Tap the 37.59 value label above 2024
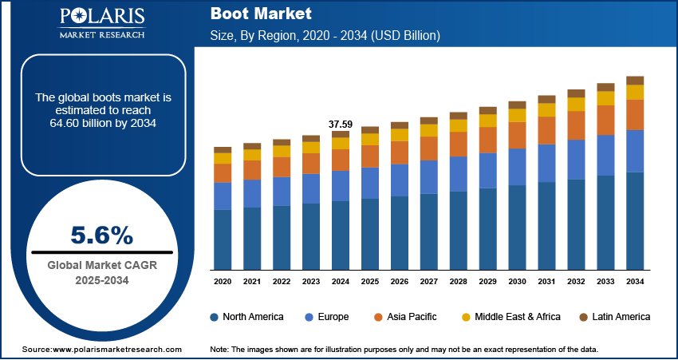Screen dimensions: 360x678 pyautogui.click(x=341, y=124)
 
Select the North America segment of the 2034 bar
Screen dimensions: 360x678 pyautogui.click(x=635, y=220)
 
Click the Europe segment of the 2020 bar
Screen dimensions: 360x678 pyautogui.click(x=223, y=196)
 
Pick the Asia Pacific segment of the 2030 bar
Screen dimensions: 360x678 pyautogui.click(x=518, y=135)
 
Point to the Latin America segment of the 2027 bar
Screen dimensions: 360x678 pyautogui.click(x=429, y=121)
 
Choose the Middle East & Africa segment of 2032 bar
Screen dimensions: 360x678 pyautogui.click(x=576, y=104)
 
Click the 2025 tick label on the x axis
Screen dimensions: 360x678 pyautogui.click(x=370, y=282)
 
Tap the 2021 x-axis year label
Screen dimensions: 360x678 pyautogui.click(x=252, y=282)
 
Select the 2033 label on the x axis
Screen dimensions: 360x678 pyautogui.click(x=605, y=282)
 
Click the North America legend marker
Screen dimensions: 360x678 pyautogui.click(x=215, y=317)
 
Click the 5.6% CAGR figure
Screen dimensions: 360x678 pyautogui.click(x=102, y=235)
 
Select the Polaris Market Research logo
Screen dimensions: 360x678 pyautogui.click(x=101, y=23)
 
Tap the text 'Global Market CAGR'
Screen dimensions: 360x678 pyautogui.click(x=101, y=265)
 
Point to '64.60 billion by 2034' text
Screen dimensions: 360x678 pyautogui.click(x=102, y=123)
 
